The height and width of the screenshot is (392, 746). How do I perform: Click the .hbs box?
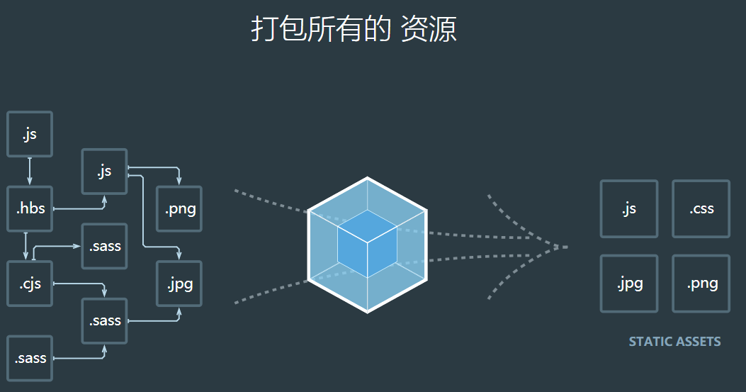[30, 209]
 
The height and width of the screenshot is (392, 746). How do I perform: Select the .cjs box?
[30, 284]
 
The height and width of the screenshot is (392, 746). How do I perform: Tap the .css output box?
[701, 208]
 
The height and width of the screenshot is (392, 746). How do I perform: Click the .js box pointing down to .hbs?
[30, 134]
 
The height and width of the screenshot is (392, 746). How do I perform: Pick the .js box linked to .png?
[104, 172]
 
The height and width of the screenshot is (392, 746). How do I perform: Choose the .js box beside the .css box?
[629, 208]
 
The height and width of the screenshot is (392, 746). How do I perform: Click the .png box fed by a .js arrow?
[179, 209]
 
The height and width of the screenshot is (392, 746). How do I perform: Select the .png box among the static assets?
[701, 284]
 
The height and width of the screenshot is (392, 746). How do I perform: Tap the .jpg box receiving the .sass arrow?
[179, 284]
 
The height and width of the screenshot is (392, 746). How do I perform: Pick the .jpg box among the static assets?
[629, 284]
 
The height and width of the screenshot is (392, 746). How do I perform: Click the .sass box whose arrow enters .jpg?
[104, 320]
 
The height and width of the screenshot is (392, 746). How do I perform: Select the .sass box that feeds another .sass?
[30, 358]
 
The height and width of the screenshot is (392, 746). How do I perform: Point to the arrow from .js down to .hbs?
[30, 172]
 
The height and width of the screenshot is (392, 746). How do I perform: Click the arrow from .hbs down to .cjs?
[26, 246]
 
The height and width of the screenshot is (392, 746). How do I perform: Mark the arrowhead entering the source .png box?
[179, 181]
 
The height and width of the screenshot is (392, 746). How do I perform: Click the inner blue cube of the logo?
[367, 244]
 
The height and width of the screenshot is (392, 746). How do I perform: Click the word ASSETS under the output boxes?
[699, 342]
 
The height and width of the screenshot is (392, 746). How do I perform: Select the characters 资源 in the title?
[428, 29]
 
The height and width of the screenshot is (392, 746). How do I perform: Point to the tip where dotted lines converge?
[567, 247]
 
